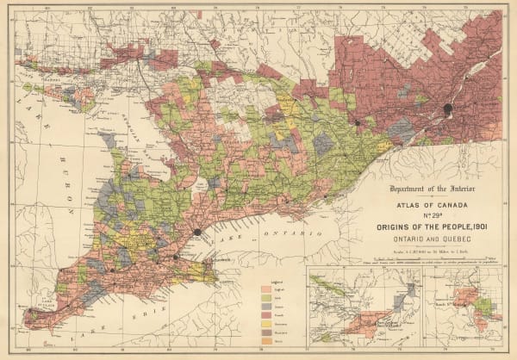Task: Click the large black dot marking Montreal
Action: (447, 109)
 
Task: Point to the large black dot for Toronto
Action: (197, 232)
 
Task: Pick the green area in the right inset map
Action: (488, 305)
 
